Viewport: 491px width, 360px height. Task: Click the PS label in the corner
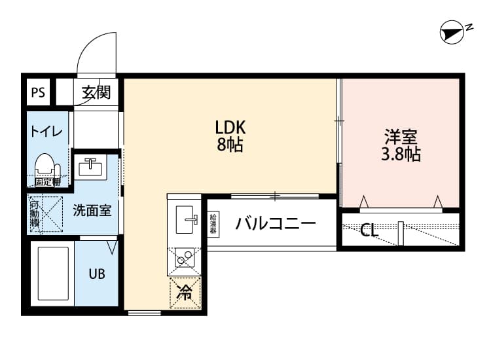tap(38, 92)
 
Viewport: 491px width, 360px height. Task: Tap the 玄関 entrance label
tap(96, 92)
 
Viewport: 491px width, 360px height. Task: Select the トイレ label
tap(45, 131)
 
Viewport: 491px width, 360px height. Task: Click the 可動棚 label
tap(35, 214)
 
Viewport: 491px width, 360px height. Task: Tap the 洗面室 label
tap(92, 211)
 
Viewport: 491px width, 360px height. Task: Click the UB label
tap(97, 274)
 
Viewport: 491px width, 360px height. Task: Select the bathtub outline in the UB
tap(52, 273)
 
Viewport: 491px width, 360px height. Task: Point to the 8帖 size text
tap(230, 146)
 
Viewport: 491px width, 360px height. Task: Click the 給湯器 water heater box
tap(213, 224)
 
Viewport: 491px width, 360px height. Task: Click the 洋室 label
tap(401, 137)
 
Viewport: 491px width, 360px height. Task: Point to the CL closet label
tap(369, 230)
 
